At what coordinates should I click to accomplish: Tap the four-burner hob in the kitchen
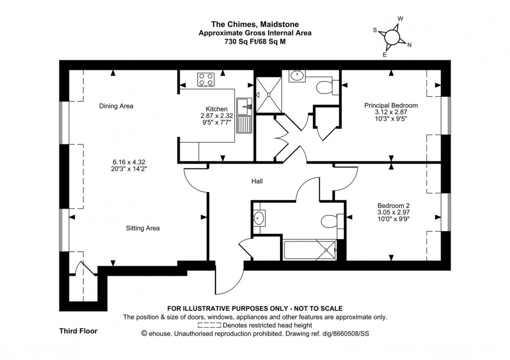tap(206, 79)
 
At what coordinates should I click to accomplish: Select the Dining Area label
tap(116, 106)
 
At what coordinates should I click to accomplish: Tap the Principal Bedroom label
tap(390, 106)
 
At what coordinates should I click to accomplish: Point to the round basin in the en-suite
tap(298, 76)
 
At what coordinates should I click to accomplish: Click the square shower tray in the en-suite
tap(270, 95)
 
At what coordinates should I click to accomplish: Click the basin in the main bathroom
tap(259, 217)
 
